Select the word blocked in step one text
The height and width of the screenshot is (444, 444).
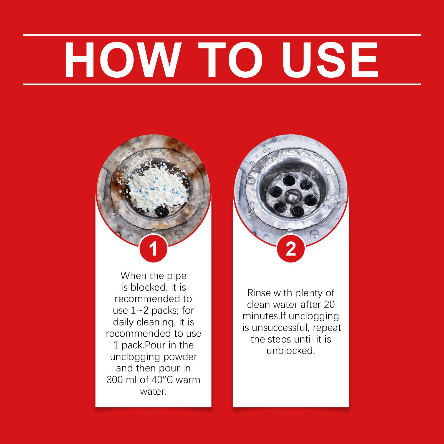[x=148, y=287]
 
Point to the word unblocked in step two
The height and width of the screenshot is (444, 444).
[x=291, y=351]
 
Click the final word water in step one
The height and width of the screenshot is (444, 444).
[x=153, y=392]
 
